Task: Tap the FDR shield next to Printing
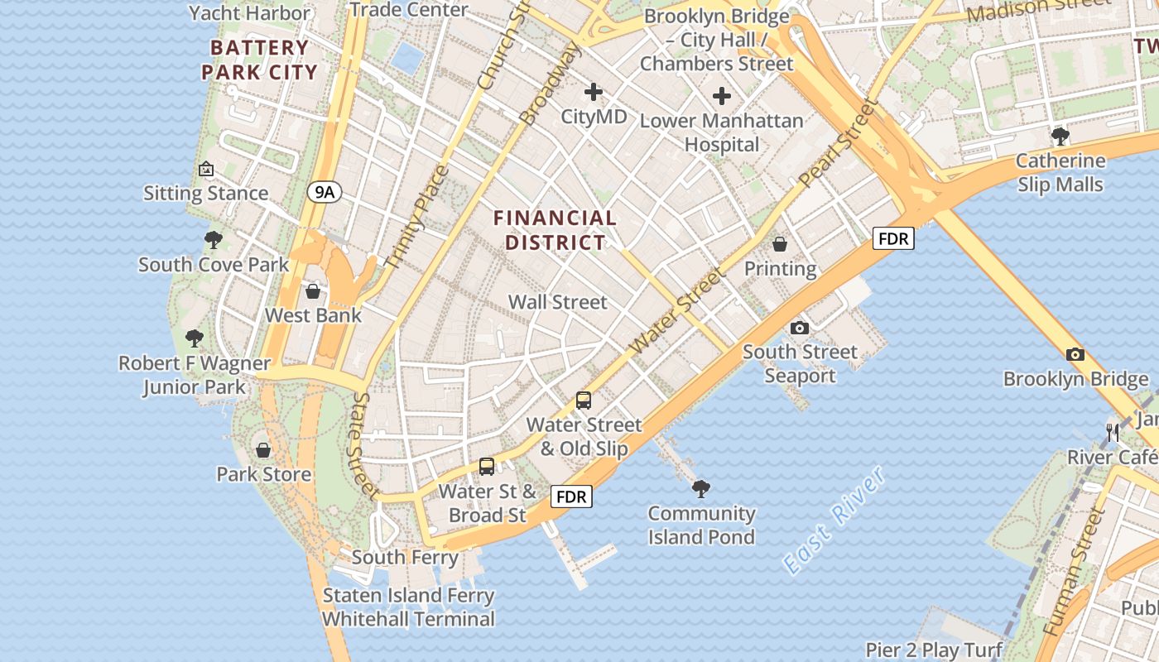point(893,239)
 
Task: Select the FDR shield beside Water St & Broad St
point(572,496)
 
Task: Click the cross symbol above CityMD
point(594,92)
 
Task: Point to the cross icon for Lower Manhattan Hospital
point(722,96)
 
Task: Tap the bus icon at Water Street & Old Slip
point(584,401)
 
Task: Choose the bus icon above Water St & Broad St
point(487,467)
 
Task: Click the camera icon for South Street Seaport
point(799,328)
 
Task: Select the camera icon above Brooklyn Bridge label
point(1075,354)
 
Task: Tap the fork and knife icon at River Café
point(1113,432)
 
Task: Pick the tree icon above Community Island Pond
point(701,489)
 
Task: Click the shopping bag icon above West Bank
point(313,291)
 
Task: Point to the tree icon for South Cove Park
point(214,240)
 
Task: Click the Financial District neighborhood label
point(555,230)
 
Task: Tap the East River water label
point(834,520)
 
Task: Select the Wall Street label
point(558,302)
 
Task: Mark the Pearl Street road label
point(837,142)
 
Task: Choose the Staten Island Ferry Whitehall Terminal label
point(408,607)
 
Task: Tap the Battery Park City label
point(260,60)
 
